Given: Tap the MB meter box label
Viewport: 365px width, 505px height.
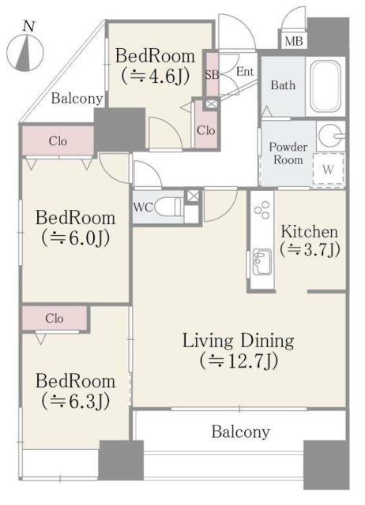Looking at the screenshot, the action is [294, 41].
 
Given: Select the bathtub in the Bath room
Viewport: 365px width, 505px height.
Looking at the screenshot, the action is [325, 86].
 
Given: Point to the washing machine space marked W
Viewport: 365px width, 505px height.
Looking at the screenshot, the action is [328, 169].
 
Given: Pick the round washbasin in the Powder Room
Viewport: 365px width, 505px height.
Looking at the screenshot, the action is [331, 135].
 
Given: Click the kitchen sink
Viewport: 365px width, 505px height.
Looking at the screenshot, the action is [262, 262].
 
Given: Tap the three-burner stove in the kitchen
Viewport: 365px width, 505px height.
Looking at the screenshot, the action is [262, 210].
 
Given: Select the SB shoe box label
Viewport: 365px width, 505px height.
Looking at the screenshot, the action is [212, 75].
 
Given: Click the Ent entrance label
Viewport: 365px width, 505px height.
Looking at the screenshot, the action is [245, 72].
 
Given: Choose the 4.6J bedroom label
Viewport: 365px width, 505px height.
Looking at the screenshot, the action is [155, 65].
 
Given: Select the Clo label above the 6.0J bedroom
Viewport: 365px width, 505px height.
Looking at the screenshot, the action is [58, 141].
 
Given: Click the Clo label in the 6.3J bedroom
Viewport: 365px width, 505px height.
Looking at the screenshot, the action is [54, 318].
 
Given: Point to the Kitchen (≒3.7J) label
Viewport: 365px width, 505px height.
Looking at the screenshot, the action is [310, 241].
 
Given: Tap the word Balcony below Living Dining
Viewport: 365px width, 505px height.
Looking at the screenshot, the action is [240, 432].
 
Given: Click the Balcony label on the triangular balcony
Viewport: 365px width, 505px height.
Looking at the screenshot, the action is [77, 98].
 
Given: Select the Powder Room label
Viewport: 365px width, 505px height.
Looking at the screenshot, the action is [288, 154].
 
